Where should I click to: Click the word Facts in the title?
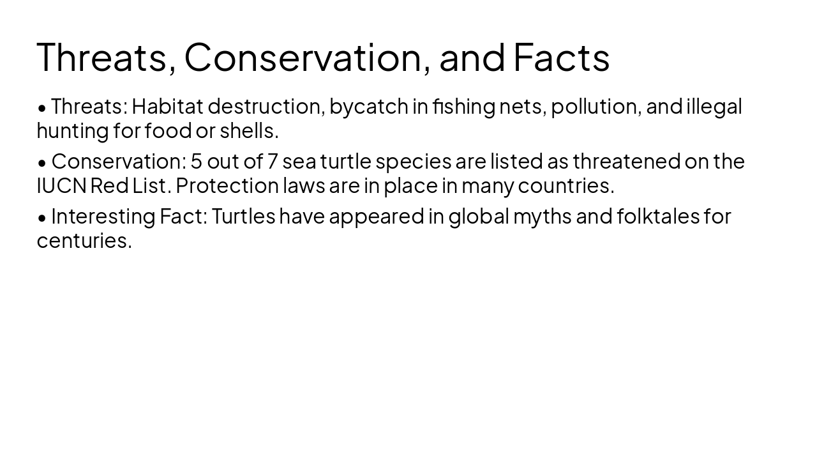click(x=561, y=57)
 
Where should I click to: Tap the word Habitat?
click(x=167, y=106)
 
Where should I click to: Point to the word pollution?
click(x=595, y=106)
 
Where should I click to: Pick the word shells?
click(x=249, y=130)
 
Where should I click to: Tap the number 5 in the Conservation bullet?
click(x=196, y=161)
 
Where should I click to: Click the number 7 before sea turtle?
click(x=272, y=161)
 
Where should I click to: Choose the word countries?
click(x=566, y=185)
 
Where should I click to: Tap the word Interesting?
click(x=103, y=216)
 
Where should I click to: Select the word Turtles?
click(x=243, y=216)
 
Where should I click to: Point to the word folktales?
click(x=658, y=216)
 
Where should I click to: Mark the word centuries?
click(x=84, y=240)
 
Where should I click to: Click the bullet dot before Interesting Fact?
click(x=42, y=217)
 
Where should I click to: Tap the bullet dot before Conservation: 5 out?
click(x=42, y=162)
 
